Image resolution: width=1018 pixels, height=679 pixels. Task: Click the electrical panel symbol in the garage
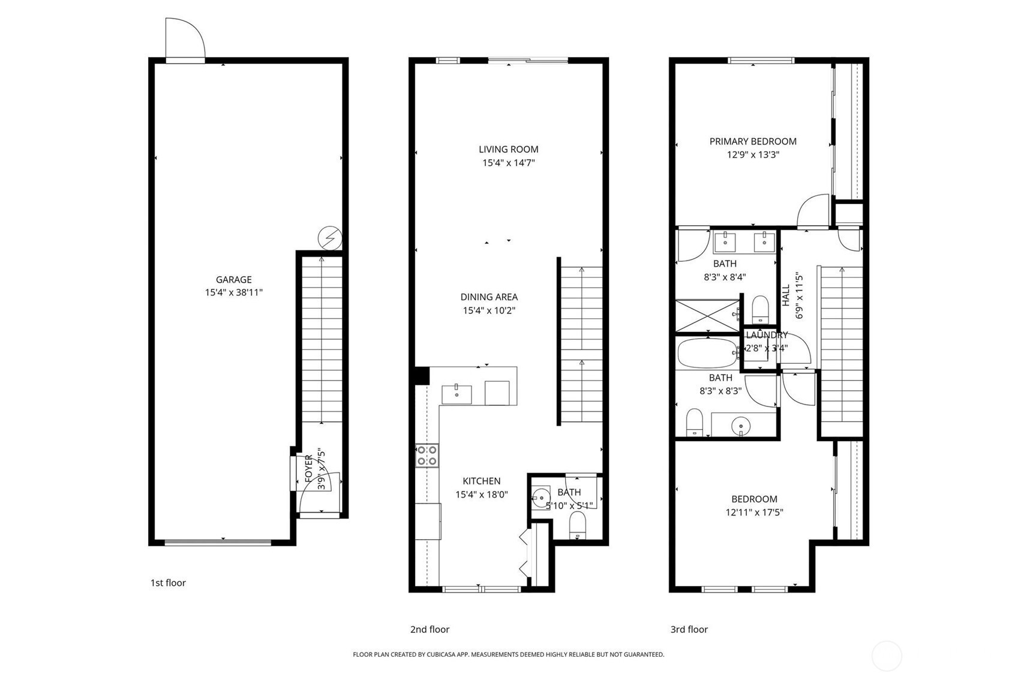pos(330,238)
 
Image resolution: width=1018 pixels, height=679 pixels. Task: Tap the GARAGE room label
pos(233,280)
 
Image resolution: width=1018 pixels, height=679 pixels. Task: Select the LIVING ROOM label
pos(509,149)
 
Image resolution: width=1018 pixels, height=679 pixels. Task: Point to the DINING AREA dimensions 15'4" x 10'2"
pos(489,310)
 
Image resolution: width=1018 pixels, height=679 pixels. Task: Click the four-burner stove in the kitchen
pos(427,456)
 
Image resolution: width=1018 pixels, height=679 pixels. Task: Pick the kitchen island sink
pos(457,394)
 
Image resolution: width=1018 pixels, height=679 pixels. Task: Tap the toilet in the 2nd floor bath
pos(578,525)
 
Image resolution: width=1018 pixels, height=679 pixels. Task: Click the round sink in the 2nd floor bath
pos(541,498)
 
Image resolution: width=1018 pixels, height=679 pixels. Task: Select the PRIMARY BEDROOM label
pos(753,142)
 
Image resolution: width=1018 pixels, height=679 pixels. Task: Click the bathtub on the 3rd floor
pos(707,353)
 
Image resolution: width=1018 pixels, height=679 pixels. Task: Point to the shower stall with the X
pos(707,316)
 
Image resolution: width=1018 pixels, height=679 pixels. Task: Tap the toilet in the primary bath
pos(760,309)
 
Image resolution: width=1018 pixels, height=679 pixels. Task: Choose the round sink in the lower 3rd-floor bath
pos(741,426)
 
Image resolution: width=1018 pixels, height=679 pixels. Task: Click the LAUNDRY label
pos(767,335)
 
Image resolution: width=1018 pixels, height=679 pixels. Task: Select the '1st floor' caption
pos(168,582)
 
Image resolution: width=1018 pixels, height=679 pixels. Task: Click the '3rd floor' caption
pos(689,629)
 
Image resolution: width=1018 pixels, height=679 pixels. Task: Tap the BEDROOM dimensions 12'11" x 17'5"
pos(755,513)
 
